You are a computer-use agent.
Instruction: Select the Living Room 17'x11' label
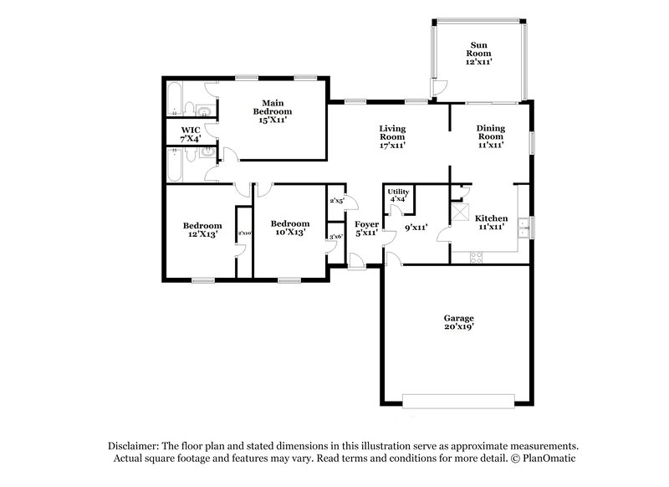tap(393, 136)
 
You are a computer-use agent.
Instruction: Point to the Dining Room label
tap(490, 136)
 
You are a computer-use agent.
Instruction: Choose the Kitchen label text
tap(492, 222)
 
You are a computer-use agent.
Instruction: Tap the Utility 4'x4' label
tap(397, 195)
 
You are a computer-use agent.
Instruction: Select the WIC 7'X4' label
tap(192, 135)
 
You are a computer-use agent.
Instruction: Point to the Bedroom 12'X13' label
tap(203, 230)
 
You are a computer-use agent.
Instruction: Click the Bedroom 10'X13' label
tap(290, 228)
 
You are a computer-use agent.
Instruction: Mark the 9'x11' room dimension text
tap(416, 227)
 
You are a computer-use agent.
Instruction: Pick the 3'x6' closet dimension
tap(336, 238)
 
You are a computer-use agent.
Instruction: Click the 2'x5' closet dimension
tap(337, 201)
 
